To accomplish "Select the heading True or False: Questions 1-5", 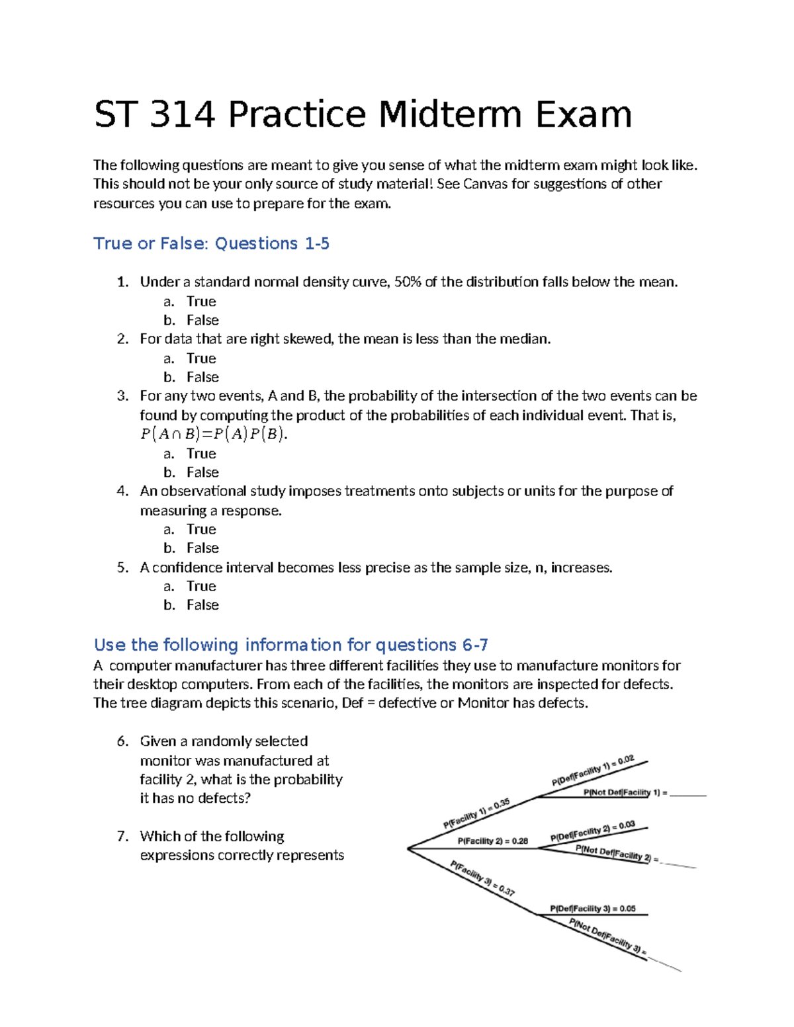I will pyautogui.click(x=211, y=243).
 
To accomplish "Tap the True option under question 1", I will pyautogui.click(x=201, y=302).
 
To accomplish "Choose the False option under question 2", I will pyautogui.click(x=202, y=377).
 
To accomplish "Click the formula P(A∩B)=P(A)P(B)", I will pyautogui.click(x=214, y=434).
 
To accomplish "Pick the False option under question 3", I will pyautogui.click(x=202, y=472).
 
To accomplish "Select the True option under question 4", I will pyautogui.click(x=201, y=529).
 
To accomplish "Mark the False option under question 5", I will pyautogui.click(x=202, y=605).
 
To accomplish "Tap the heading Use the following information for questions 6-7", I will pyautogui.click(x=290, y=645).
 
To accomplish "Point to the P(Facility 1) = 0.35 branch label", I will pyautogui.click(x=476, y=813).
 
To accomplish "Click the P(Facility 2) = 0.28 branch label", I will pyautogui.click(x=492, y=841).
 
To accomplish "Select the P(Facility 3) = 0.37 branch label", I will pyautogui.click(x=482, y=878).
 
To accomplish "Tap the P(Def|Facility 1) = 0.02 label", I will pyautogui.click(x=593, y=770).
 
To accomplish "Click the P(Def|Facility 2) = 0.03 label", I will pyautogui.click(x=592, y=831).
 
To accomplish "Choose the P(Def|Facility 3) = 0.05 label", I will pyautogui.click(x=592, y=909).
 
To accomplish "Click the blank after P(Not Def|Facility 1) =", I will pyautogui.click(x=688, y=793).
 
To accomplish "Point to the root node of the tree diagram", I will pyautogui.click(x=408, y=848).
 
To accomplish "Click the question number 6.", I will pyautogui.click(x=122, y=741).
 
